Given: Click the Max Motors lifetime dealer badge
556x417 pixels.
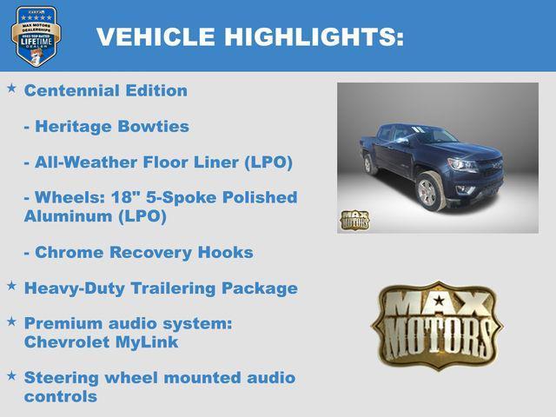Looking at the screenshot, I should click(36, 36).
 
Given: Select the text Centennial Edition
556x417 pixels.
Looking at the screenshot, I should click(105, 90).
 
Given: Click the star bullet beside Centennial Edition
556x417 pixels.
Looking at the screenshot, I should click(11, 89).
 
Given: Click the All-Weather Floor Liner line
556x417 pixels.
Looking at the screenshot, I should click(158, 163).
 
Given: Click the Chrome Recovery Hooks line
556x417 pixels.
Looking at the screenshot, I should click(138, 253).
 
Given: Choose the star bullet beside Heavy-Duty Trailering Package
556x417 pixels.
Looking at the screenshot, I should click(11, 286).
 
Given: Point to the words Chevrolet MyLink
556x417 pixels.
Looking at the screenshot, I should click(101, 342).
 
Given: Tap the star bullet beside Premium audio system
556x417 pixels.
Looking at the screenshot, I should click(11, 321).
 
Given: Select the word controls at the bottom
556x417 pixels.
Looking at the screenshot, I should click(60, 396).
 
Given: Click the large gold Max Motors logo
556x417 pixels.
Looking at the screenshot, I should click(436, 324).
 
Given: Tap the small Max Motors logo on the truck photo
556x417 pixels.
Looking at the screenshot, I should click(354, 219).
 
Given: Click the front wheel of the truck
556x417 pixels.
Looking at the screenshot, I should click(427, 192).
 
